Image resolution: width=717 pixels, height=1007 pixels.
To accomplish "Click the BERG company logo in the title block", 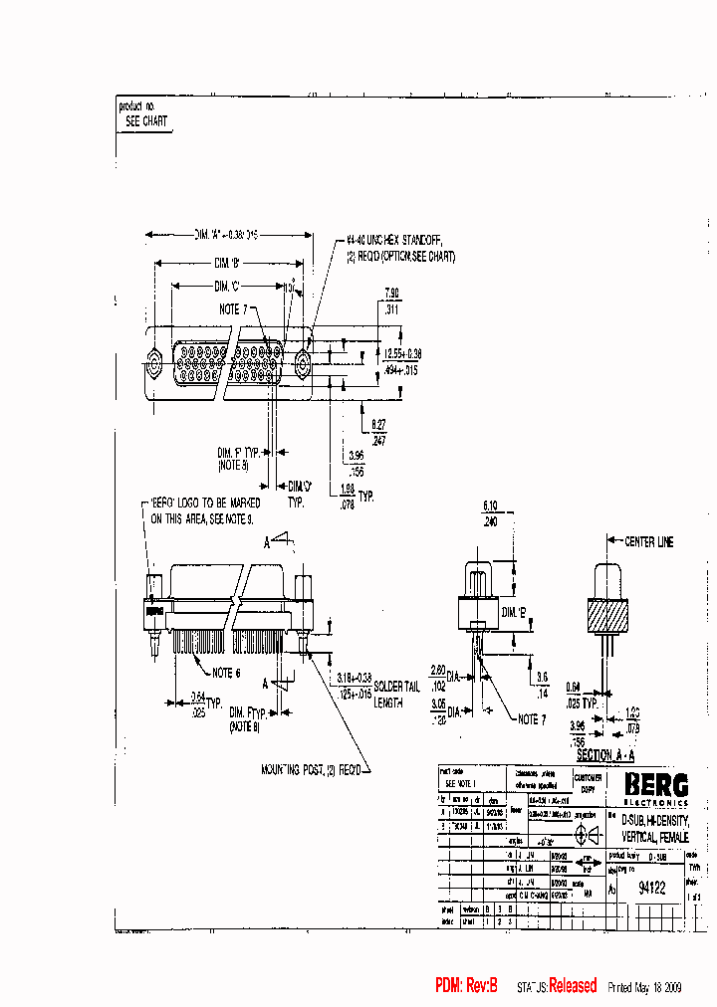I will pos(655,785).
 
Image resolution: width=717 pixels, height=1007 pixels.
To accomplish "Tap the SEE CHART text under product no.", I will pos(146,121).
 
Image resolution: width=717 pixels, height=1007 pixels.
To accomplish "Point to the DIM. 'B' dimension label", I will pos(228,264).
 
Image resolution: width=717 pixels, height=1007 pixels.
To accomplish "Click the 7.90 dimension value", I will pos(392,295).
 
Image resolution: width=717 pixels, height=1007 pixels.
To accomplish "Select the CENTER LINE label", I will pos(648,542).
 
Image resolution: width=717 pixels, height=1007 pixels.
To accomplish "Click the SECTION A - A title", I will pos(607,755).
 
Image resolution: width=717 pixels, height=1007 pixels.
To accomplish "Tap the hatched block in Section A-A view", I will pos(607,617).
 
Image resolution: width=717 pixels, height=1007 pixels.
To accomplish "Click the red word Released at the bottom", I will pos(573,986).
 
